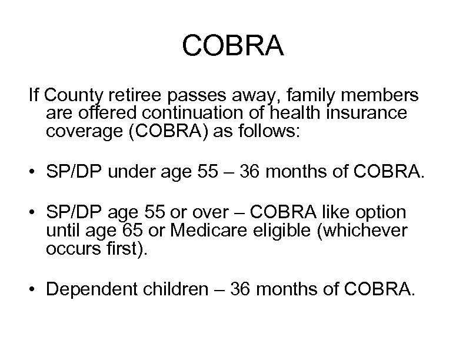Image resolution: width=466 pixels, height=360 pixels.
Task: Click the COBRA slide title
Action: (x=233, y=46)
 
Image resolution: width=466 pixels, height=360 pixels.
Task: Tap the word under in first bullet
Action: (x=148, y=174)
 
